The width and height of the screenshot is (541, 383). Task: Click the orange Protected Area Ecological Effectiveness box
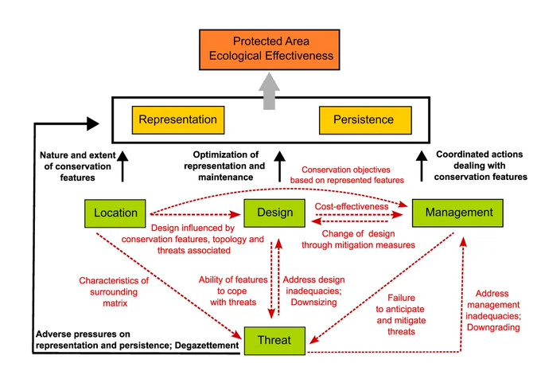coord(270,49)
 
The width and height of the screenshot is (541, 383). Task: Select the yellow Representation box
coord(178,120)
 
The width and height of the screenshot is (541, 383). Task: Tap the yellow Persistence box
coord(365,120)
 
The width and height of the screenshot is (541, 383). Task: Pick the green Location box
coord(115,213)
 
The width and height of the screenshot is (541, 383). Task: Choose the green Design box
coord(274,213)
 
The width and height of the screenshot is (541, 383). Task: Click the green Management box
coord(457,213)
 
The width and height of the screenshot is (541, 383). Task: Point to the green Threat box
coord(274,341)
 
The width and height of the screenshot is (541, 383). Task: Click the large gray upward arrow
coord(269,91)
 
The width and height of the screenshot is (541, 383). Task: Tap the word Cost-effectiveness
coord(351,206)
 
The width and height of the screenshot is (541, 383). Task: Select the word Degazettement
coord(207,346)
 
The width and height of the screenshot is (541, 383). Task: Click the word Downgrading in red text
coord(493,327)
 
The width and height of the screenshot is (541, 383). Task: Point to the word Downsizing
coord(313,303)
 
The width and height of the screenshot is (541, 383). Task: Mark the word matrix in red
coord(115,303)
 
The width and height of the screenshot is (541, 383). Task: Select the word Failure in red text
coord(401,298)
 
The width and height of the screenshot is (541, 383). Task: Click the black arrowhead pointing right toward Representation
coord(93,123)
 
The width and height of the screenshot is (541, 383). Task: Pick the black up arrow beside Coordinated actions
coord(422,166)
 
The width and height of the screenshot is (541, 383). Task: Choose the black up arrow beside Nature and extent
coord(123,166)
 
